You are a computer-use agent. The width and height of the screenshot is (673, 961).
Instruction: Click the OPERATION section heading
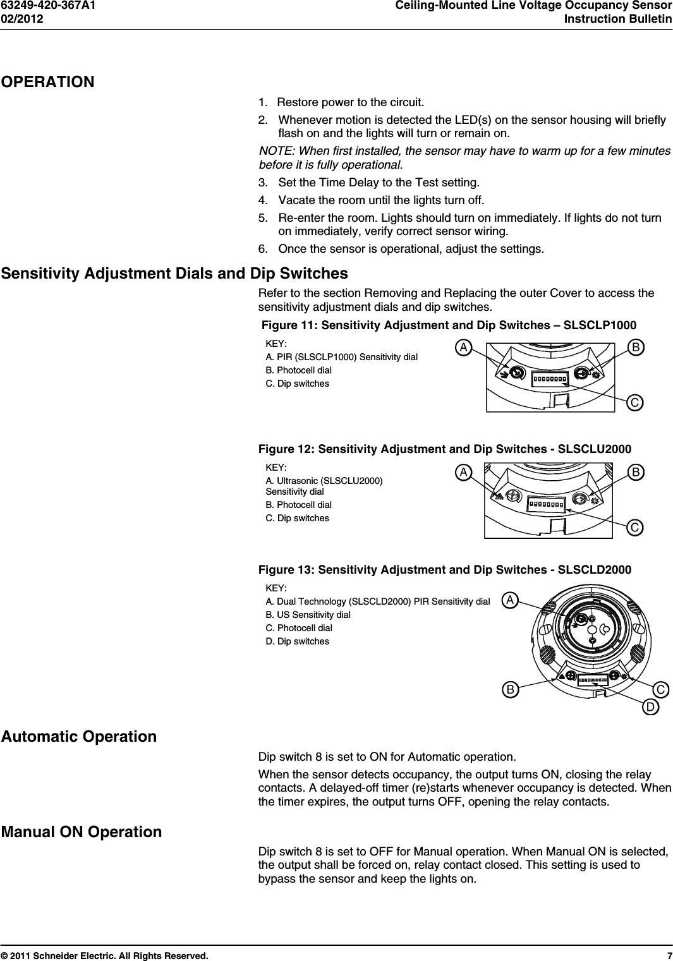(x=48, y=82)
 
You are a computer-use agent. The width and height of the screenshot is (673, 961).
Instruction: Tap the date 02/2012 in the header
(x=22, y=19)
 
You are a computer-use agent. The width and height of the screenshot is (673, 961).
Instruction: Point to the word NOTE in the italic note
(x=276, y=151)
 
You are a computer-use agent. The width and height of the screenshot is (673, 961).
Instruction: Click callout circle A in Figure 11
(x=464, y=348)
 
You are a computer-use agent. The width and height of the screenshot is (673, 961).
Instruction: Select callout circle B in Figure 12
(x=636, y=472)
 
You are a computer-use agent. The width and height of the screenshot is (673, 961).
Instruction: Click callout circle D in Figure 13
(x=650, y=707)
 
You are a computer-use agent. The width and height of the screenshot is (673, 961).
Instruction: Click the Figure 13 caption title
(x=445, y=570)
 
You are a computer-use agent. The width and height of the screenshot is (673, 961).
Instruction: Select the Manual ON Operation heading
(x=82, y=832)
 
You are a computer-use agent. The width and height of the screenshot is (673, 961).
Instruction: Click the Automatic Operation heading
(x=79, y=737)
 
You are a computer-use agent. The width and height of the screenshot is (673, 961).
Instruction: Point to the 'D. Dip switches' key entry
(x=297, y=641)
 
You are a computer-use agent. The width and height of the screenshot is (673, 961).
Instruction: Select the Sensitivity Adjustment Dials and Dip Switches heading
(x=174, y=274)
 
